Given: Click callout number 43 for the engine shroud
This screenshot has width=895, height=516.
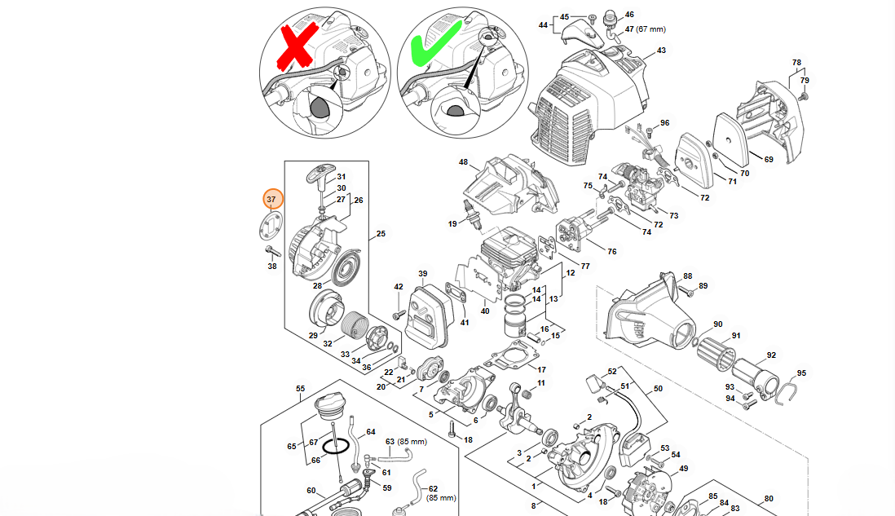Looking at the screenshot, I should [661, 51].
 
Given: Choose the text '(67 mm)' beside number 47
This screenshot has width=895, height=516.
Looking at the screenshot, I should [652, 29].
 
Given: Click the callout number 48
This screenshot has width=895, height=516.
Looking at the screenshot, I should [463, 161].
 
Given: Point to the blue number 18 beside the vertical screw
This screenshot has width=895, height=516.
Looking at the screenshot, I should [468, 440].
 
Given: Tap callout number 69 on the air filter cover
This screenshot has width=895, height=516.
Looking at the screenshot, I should [768, 160].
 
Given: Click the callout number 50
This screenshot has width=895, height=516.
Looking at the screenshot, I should [658, 389].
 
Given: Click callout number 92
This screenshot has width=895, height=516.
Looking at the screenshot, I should [770, 355].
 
